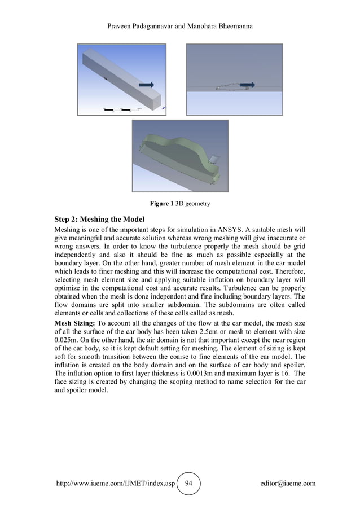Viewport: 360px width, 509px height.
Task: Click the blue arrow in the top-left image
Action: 146,85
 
